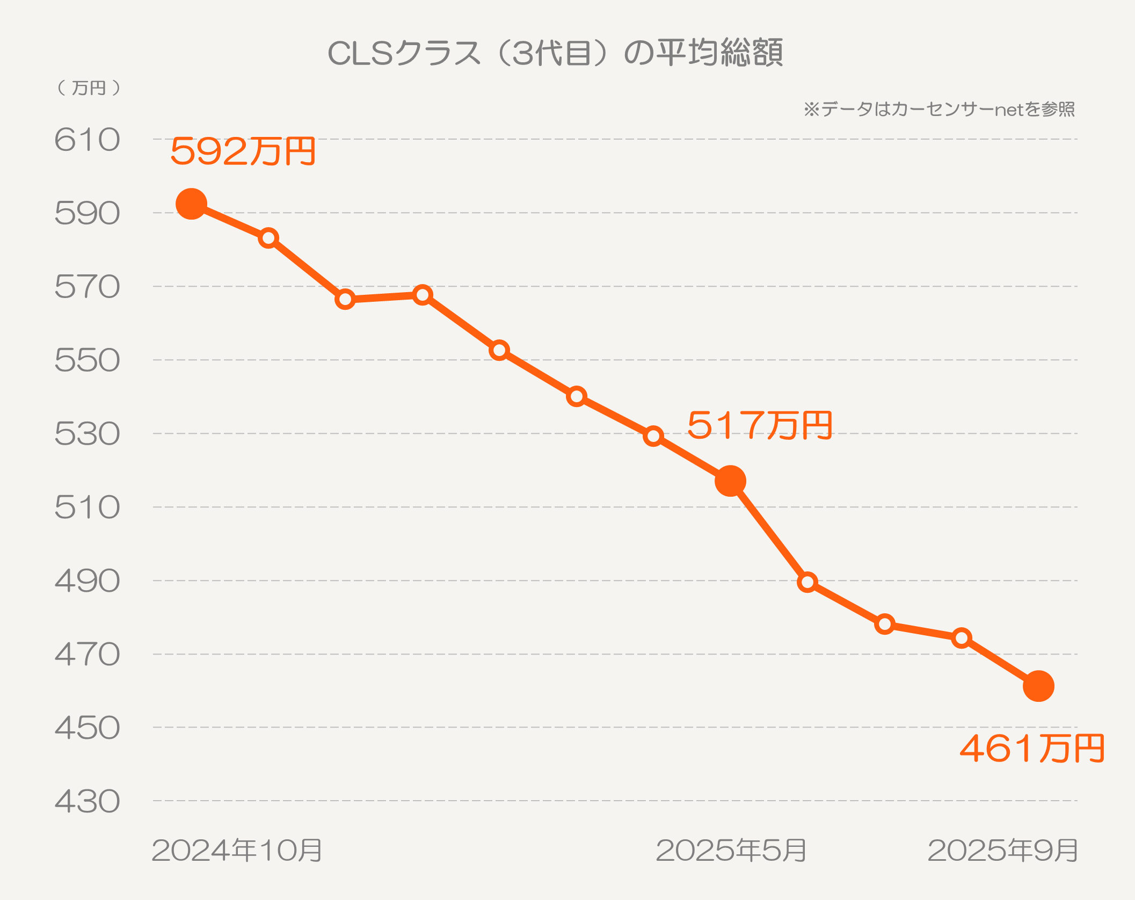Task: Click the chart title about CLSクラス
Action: point(555,53)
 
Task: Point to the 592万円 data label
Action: point(243,151)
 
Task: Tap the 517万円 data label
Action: point(759,425)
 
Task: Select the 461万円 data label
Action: point(1031,749)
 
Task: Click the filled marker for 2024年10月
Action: point(191,204)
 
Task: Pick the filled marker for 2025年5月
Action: point(730,481)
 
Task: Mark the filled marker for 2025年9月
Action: point(1038,686)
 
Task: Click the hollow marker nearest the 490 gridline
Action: point(807,582)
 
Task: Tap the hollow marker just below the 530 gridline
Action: point(653,436)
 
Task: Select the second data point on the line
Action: point(268,238)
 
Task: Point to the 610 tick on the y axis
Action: point(87,140)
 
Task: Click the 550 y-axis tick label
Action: point(87,360)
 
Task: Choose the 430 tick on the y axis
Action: point(87,802)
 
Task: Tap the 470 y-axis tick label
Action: point(87,655)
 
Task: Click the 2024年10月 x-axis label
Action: point(237,851)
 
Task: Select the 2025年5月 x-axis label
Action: point(731,851)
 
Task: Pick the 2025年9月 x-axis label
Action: point(1002,851)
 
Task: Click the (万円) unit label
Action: point(89,88)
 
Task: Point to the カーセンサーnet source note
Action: point(939,110)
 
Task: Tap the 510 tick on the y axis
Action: point(87,507)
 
